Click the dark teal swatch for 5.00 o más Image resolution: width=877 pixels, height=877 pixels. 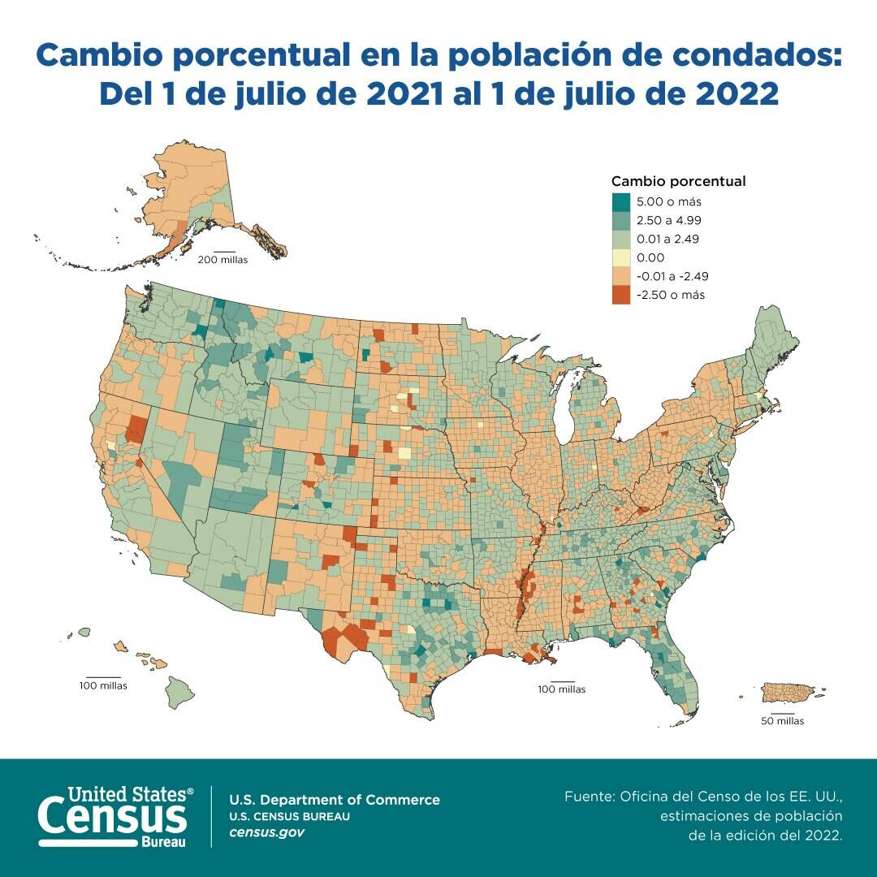click(x=620, y=201)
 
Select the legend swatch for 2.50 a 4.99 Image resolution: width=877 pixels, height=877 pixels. click(x=620, y=220)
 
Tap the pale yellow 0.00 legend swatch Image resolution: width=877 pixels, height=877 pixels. click(x=620, y=257)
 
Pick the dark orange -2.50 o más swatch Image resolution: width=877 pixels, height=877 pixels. click(x=620, y=295)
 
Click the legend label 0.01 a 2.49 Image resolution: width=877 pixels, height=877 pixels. click(x=668, y=239)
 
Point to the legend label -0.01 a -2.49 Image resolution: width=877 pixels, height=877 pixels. click(x=673, y=276)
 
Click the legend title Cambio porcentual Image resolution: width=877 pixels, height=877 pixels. click(x=678, y=181)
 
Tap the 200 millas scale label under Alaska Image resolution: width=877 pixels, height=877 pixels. click(x=222, y=260)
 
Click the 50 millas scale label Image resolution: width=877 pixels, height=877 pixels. click(x=782, y=721)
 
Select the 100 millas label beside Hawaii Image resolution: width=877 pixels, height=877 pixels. click(x=103, y=685)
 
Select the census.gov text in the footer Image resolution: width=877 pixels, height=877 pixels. click(x=267, y=832)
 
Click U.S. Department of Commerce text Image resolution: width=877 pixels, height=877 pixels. click(x=335, y=800)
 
